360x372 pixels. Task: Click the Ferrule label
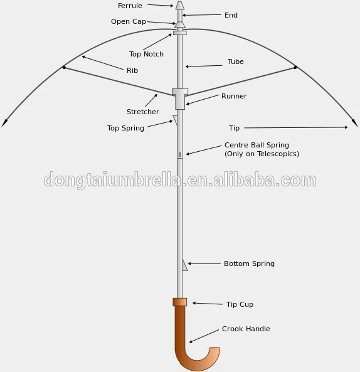tap(130, 6)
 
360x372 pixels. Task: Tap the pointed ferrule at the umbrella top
tap(180, 5)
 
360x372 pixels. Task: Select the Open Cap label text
tap(129, 21)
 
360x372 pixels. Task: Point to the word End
tap(231, 15)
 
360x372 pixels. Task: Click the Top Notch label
tap(146, 54)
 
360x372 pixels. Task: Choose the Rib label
tap(132, 70)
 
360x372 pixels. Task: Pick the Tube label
tap(236, 61)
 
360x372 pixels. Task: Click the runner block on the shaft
tap(180, 98)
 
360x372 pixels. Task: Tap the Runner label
tap(234, 96)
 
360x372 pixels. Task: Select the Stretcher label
tap(143, 112)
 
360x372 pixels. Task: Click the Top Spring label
tap(125, 128)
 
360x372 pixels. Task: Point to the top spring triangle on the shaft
tap(175, 120)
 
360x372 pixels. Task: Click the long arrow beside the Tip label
tap(296, 127)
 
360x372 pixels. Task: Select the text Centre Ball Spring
tap(257, 145)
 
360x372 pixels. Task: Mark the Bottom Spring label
tap(249, 263)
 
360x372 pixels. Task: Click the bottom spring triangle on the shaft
tap(184, 265)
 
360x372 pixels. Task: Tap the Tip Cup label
tap(240, 304)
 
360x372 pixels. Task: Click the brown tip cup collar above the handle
tap(180, 302)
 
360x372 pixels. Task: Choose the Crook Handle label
tap(246, 329)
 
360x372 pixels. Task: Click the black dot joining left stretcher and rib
tap(64, 68)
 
